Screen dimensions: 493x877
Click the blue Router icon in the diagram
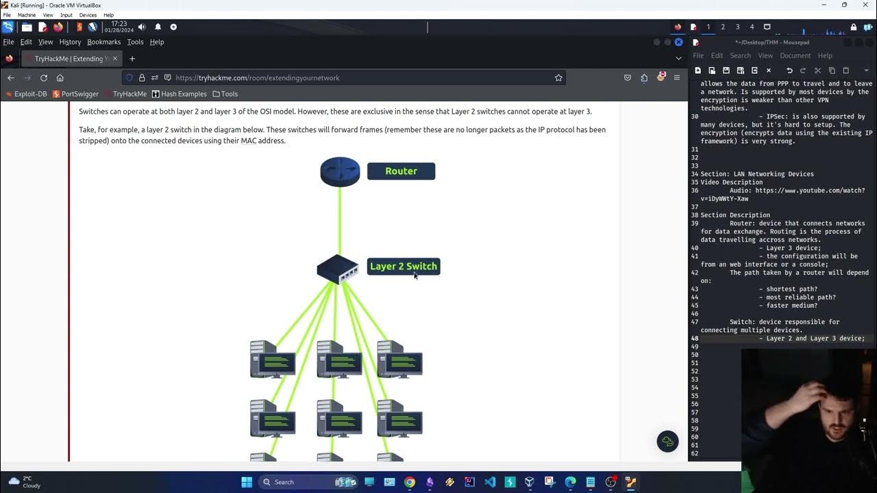[340, 172]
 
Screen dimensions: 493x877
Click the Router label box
[401, 171]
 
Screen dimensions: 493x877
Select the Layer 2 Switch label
[403, 266]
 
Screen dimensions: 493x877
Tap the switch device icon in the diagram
[337, 269]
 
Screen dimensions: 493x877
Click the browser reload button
[44, 78]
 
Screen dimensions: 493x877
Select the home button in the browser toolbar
[60, 78]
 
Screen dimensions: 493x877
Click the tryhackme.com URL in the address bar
[258, 78]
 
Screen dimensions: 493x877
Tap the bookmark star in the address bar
[558, 78]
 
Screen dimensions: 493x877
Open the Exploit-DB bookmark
[26, 94]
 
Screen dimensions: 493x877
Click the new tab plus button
[132, 59]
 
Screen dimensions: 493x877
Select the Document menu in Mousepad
[795, 55]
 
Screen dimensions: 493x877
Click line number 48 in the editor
[695, 338]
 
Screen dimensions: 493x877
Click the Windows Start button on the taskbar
[247, 482]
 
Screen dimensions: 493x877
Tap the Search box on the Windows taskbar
[295, 482]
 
